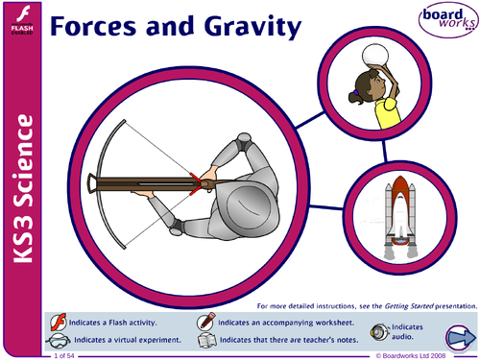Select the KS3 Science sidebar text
click(21, 192)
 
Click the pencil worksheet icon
click(205, 321)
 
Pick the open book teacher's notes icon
click(205, 340)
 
